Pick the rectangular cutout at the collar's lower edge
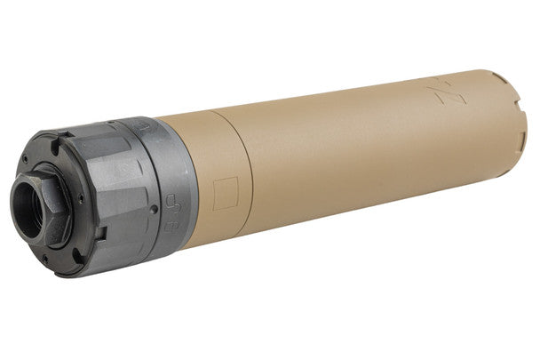(x=100, y=233)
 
